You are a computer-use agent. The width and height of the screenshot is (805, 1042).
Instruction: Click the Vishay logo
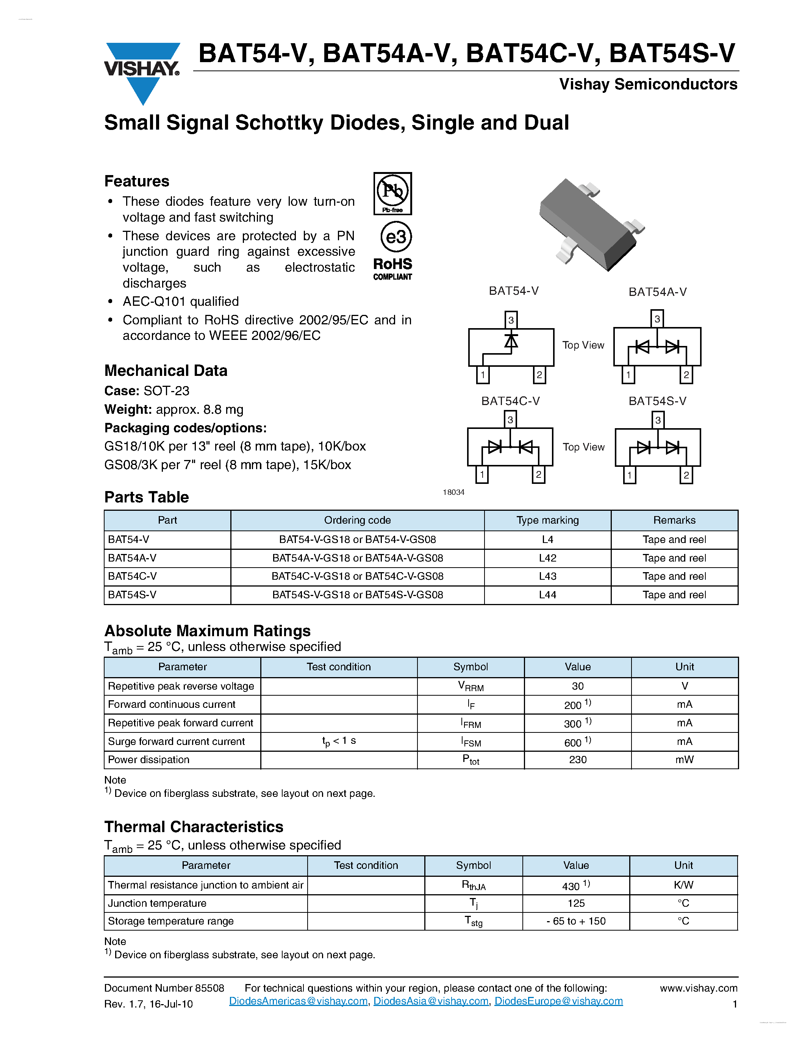pyautogui.click(x=142, y=72)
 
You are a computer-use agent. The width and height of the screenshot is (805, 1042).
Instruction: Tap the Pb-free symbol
pyautogui.click(x=392, y=193)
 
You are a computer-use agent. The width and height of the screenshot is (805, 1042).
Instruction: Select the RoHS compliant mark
pyautogui.click(x=392, y=269)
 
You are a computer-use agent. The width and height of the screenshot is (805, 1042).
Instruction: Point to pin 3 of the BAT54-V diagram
pyautogui.click(x=511, y=320)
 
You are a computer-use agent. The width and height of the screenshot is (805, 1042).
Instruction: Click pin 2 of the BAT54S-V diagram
pyautogui.click(x=686, y=475)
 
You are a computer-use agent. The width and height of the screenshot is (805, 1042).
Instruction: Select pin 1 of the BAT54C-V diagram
pyautogui.click(x=482, y=474)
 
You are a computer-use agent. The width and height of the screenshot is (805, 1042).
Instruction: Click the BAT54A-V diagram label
pyautogui.click(x=657, y=292)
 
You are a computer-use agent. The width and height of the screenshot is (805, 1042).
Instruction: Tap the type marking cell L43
pyautogui.click(x=547, y=576)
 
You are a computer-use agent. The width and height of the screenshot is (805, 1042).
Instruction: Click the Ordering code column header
pyautogui.click(x=357, y=520)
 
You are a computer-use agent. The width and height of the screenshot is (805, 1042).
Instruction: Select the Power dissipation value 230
pyautogui.click(x=578, y=760)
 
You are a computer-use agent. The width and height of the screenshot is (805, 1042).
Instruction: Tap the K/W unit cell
pyautogui.click(x=683, y=885)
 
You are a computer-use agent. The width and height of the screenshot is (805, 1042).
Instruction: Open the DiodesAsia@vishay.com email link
pyautogui.click(x=431, y=1001)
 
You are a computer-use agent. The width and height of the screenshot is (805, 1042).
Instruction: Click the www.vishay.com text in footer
pyautogui.click(x=698, y=988)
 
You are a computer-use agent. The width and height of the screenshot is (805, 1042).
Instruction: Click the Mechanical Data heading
pyautogui.click(x=166, y=371)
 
